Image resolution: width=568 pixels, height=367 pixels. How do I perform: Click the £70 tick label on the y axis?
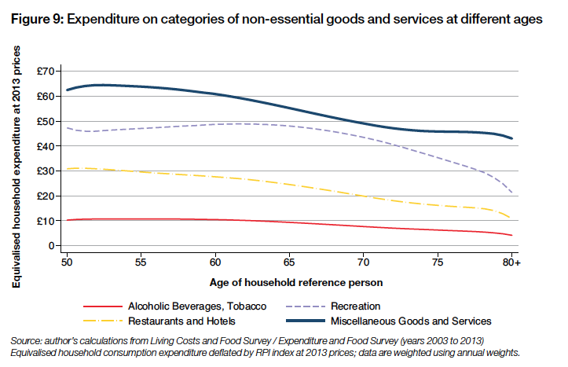47,72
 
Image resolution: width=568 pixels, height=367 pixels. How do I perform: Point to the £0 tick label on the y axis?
53,246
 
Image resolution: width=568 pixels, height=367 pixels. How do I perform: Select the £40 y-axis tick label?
47,146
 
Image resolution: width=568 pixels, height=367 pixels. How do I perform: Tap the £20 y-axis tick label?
47,196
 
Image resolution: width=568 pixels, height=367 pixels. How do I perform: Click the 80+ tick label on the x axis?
512,259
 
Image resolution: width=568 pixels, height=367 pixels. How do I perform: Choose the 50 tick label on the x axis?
68,259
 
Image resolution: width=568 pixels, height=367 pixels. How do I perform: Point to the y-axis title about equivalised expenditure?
16,158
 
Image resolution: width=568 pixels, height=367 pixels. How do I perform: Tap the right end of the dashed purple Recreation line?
512,193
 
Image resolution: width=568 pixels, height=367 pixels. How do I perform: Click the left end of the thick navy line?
68,90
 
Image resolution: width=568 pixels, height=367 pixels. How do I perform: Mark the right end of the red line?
512,235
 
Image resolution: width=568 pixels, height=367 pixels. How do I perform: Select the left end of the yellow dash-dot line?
68,169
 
